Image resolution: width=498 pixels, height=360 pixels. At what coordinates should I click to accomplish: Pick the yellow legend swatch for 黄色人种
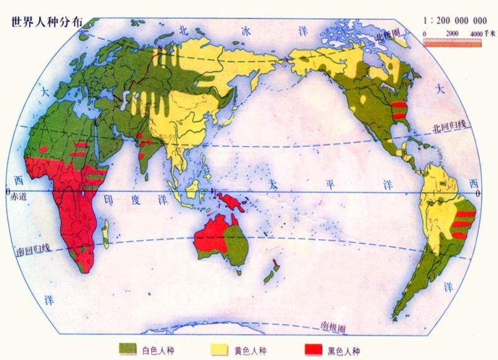click(219, 348)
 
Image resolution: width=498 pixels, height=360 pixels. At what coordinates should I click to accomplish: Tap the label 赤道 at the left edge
click(19, 196)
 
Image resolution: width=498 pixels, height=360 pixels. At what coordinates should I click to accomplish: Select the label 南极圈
click(333, 326)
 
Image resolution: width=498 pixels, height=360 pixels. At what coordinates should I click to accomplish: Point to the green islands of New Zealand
click(271, 273)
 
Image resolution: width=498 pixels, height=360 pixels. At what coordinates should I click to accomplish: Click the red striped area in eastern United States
click(399, 113)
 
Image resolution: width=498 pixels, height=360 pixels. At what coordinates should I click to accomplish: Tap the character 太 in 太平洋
click(271, 185)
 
